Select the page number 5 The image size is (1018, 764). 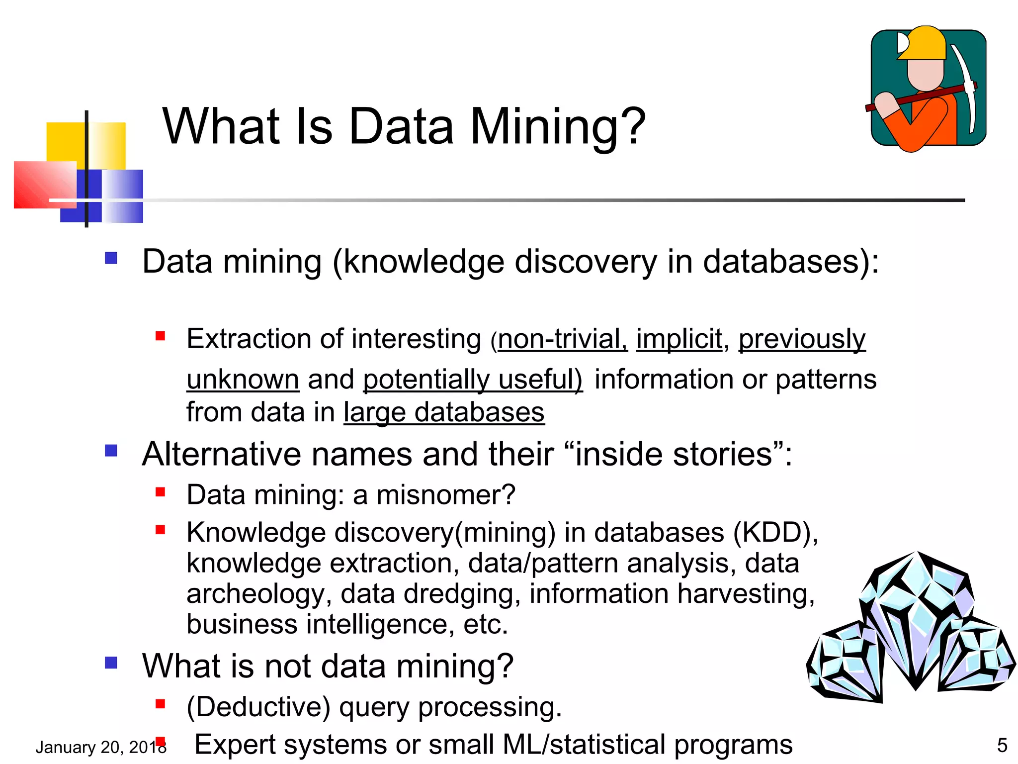point(1002,745)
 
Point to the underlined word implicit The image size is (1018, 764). point(679,339)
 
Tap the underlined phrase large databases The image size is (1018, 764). point(444,412)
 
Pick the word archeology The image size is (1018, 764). point(255,594)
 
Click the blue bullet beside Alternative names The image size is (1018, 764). point(111,451)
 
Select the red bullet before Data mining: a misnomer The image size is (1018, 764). point(160,492)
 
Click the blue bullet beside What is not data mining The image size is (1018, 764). point(111,663)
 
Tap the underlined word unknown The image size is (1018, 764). point(243,380)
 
